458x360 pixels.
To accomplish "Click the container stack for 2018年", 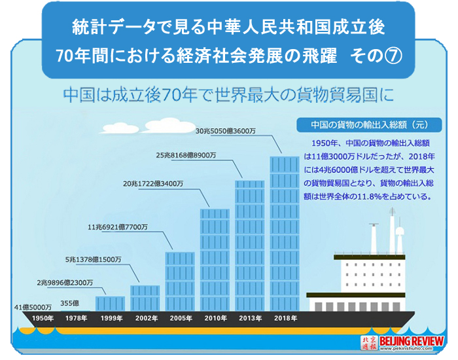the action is click(285, 234).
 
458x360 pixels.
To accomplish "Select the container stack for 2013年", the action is click(250, 245).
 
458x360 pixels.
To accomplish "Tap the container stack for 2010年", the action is click(215, 260).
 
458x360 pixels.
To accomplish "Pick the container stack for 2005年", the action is click(180, 281).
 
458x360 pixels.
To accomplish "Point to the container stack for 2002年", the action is click(145, 298).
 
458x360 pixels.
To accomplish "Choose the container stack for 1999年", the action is click(110, 304).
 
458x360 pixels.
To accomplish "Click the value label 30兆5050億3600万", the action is click(225, 131).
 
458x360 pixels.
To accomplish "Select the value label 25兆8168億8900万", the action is click(186, 156).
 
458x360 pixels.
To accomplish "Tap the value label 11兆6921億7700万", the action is click(118, 227).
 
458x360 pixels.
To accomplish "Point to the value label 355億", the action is click(70, 303).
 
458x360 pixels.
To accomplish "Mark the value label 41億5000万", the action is click(33, 307).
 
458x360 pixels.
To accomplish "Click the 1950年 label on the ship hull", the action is click(43, 318).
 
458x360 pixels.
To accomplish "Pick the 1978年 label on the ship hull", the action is click(77, 318).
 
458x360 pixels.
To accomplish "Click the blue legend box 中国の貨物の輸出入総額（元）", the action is click(369, 125).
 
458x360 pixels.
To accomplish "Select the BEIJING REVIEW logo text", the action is click(412, 341).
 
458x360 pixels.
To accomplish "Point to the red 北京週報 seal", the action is click(369, 343).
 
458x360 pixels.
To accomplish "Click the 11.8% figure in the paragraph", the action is click(368, 196).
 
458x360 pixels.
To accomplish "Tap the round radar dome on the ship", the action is click(400, 232).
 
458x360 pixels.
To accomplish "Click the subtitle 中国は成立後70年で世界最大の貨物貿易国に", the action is click(229, 95).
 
